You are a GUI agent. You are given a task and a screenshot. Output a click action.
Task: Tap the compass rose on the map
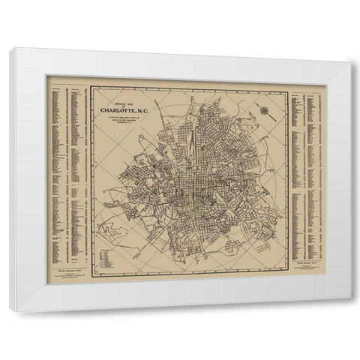(265, 111)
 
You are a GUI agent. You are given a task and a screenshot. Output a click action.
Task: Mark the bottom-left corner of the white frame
(11, 309)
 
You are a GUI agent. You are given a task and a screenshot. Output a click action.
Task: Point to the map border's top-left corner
(91, 87)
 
